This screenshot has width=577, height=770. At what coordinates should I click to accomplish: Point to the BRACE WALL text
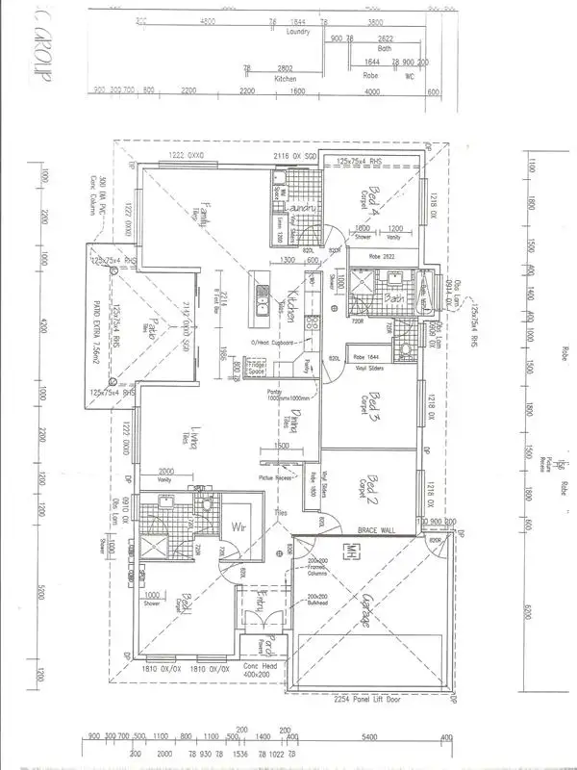(x=377, y=530)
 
